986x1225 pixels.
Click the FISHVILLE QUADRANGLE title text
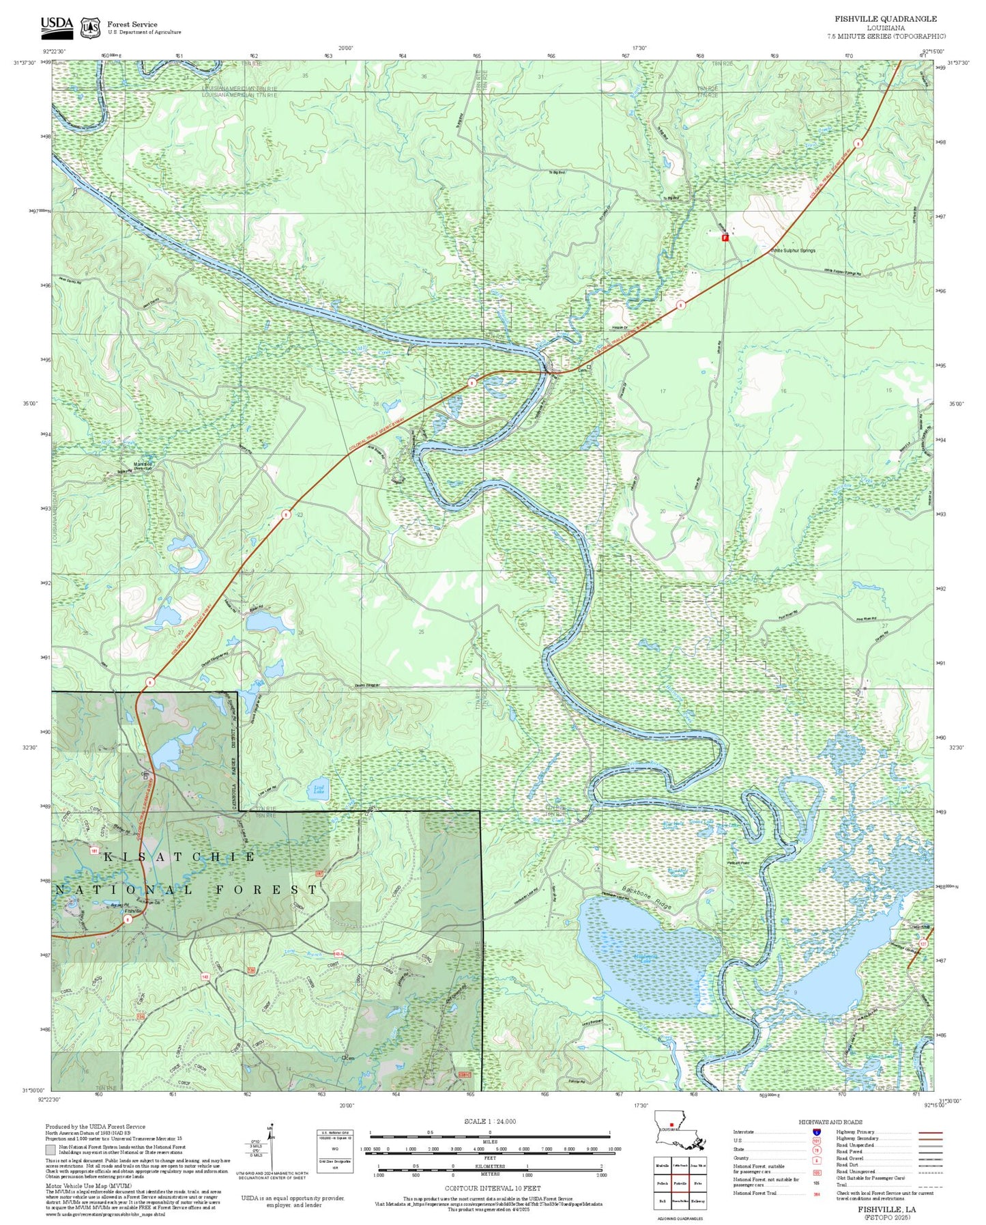pos(885,19)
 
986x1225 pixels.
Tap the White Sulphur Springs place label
pos(793,251)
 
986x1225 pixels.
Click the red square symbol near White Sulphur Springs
pos(725,238)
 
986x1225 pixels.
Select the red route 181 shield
pos(94,851)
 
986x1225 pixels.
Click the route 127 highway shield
pos(923,944)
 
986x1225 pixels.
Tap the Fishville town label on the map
pos(133,911)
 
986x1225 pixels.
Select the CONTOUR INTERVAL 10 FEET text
pos(492,1188)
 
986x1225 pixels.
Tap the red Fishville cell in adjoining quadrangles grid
pos(679,1183)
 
